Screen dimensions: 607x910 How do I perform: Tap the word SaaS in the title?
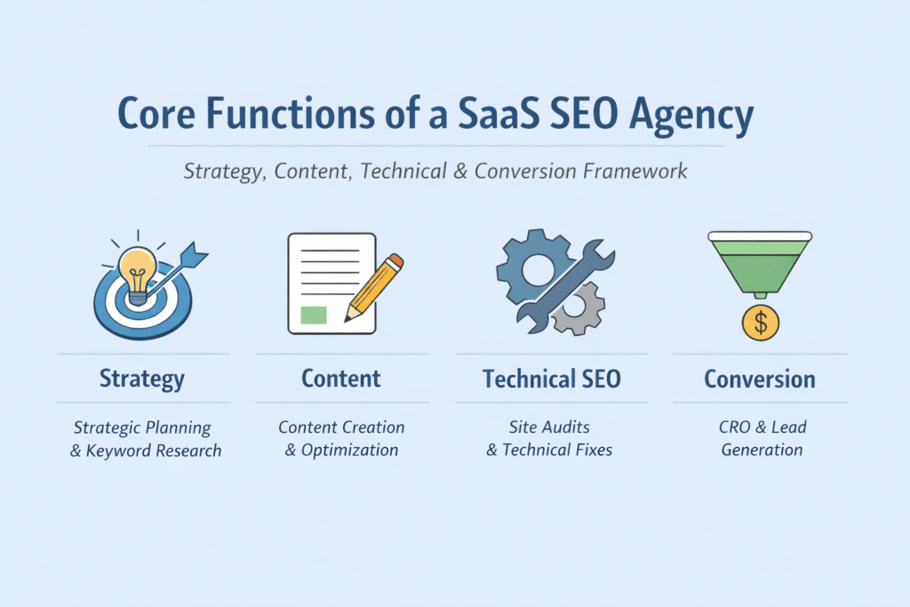(483, 116)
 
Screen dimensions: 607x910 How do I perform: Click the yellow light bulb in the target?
(138, 268)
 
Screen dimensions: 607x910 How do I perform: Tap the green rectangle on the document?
(314, 314)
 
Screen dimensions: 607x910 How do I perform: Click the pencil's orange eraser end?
(395, 261)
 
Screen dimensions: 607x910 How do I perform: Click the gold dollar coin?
(761, 322)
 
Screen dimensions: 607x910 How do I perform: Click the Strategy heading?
(142, 379)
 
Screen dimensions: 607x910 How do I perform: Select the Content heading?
(341, 379)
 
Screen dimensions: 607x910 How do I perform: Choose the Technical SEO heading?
(551, 379)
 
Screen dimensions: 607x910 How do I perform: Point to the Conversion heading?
(760, 379)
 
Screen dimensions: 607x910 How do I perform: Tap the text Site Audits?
(550, 427)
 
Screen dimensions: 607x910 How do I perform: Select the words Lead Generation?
(762, 439)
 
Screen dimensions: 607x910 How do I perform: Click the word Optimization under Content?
(349, 450)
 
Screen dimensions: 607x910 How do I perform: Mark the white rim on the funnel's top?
(760, 236)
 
